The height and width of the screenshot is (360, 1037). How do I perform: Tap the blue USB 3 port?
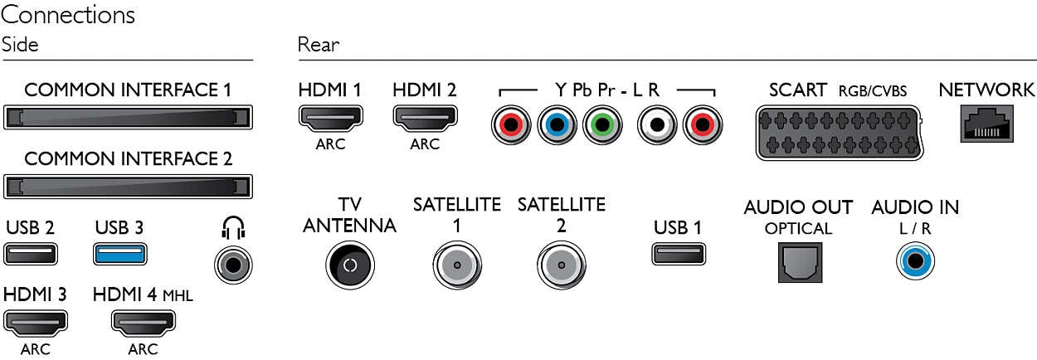point(121,253)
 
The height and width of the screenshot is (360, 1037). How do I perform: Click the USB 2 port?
point(31,253)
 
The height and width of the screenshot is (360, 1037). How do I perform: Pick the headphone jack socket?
point(233,265)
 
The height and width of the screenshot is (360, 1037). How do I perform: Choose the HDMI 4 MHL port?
point(142,322)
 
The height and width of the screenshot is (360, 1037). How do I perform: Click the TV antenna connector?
point(349,265)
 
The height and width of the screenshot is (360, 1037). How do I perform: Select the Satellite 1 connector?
point(456,265)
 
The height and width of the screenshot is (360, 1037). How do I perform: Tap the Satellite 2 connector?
point(561,265)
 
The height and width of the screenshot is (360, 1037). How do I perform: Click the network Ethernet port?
point(986,124)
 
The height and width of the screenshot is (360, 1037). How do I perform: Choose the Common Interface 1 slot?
point(127,117)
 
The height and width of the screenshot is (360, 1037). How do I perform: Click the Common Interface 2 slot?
point(127,186)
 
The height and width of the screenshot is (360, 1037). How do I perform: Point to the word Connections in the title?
point(69,14)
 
